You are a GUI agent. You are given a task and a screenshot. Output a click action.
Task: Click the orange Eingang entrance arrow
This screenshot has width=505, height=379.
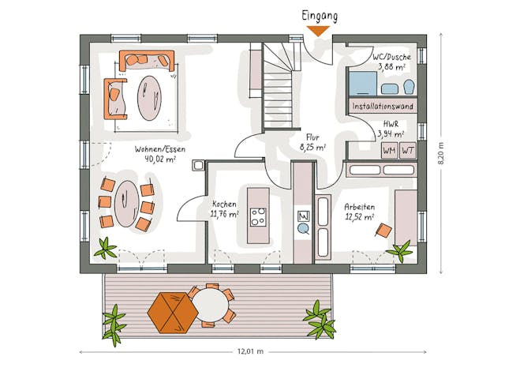point(318,31)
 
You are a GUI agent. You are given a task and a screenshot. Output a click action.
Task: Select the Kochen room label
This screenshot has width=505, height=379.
point(224,204)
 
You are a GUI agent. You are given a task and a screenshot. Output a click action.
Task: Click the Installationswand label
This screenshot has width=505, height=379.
point(383,105)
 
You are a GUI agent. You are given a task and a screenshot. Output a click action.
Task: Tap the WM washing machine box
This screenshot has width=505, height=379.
point(389,150)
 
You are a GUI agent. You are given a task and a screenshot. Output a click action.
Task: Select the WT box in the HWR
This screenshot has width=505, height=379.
point(407,150)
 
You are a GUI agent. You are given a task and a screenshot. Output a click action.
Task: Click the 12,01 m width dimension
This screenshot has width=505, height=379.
point(250,351)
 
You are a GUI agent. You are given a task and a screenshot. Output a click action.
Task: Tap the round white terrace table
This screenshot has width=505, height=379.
point(210,303)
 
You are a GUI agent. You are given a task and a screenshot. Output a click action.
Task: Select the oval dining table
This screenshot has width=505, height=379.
point(126,203)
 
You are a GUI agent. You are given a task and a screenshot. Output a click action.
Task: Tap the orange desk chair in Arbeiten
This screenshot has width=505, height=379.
point(384,230)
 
